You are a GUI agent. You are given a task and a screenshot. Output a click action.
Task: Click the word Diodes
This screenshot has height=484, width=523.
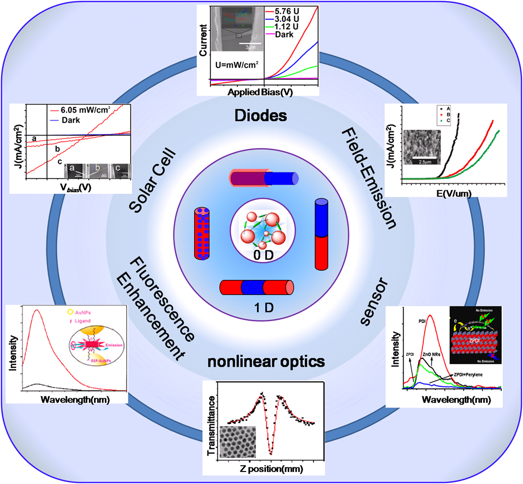click(262, 114)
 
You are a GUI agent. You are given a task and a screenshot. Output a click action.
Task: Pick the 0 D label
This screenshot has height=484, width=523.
click(262, 255)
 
